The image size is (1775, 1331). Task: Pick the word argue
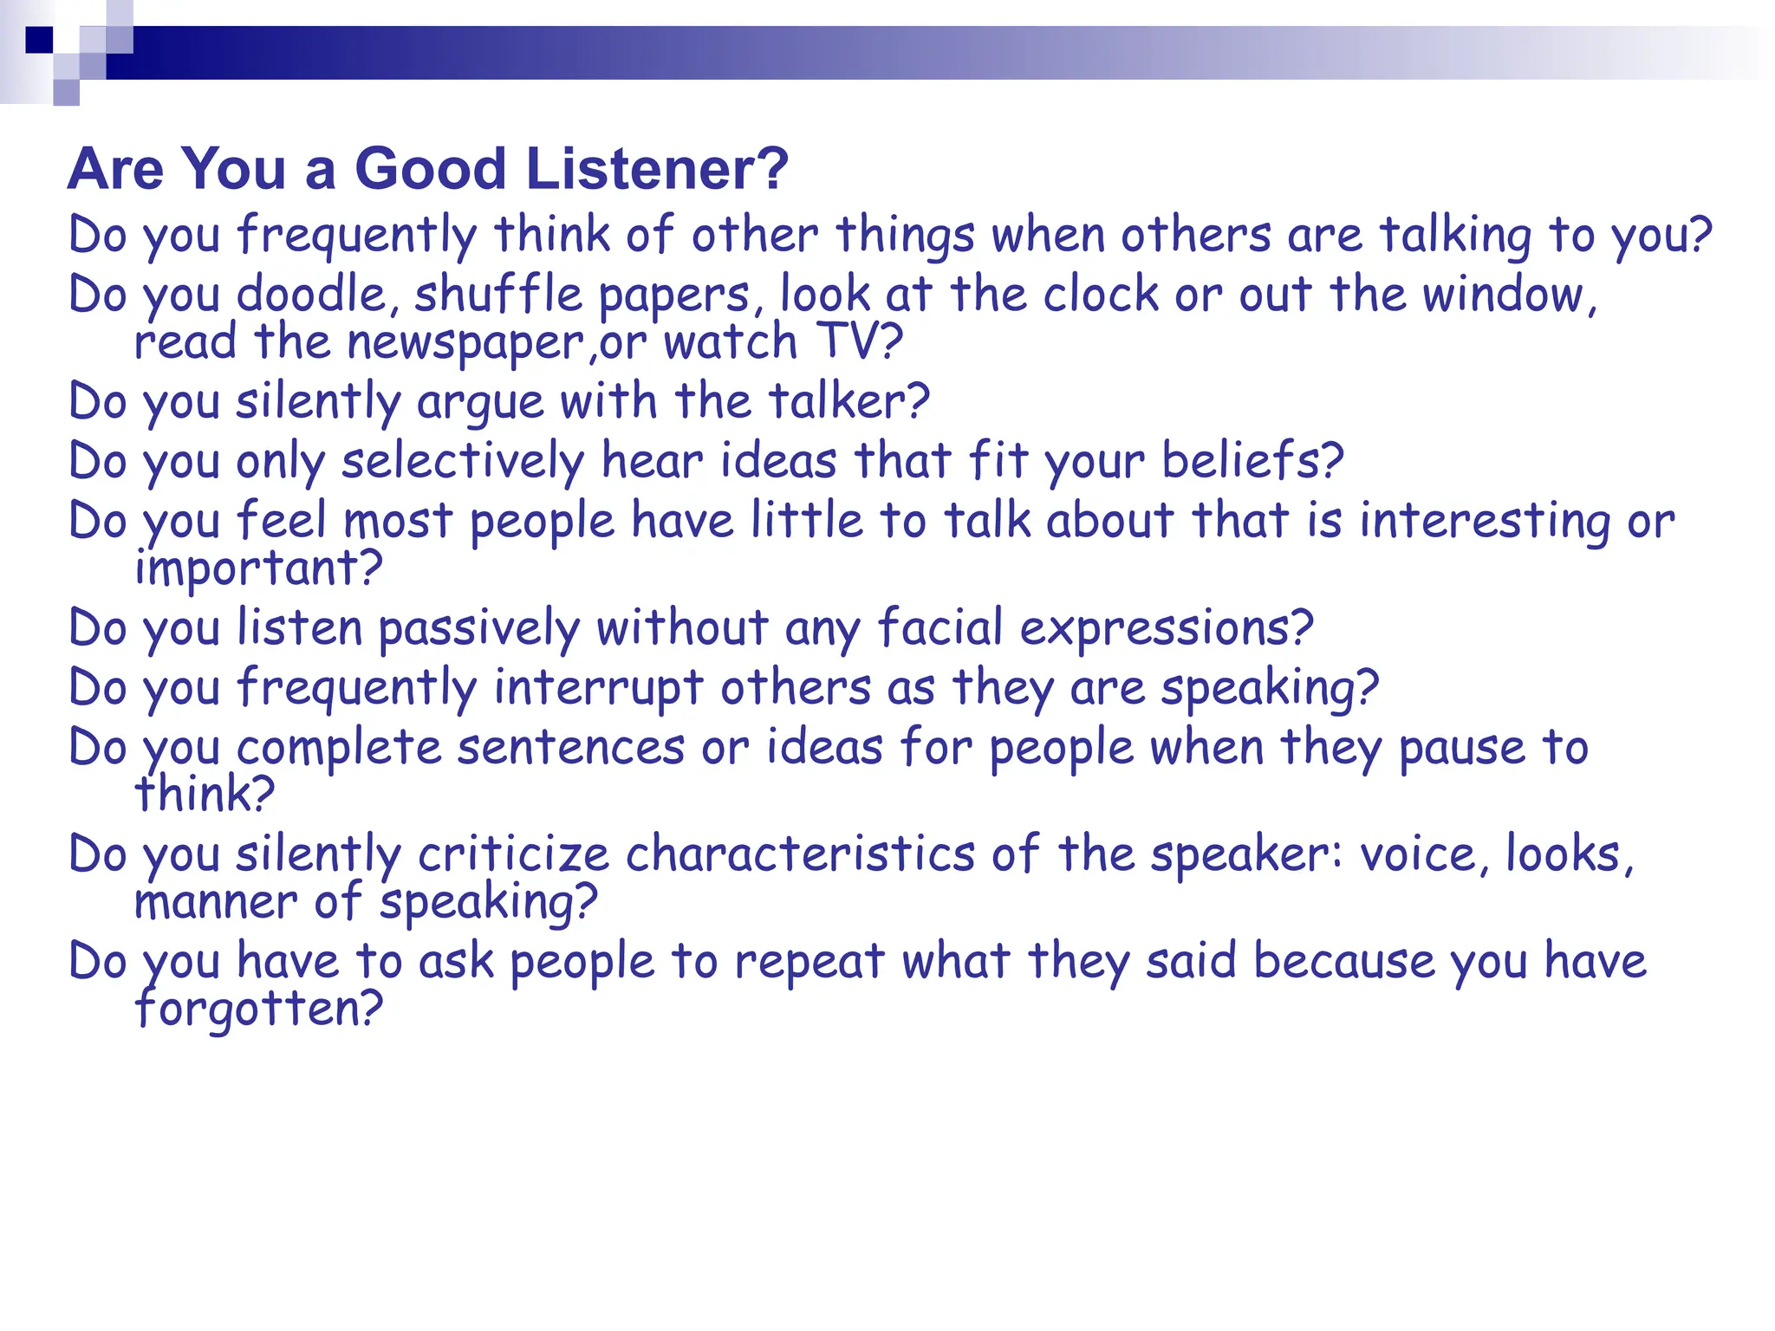coord(479,403)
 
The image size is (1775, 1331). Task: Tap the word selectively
coord(463,461)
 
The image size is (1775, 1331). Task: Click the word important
coord(258,568)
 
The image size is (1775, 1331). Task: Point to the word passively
coord(478,628)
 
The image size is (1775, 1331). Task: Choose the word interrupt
coord(598,688)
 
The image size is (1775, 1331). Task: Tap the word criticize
coord(513,854)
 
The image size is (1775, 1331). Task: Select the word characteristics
coord(800,854)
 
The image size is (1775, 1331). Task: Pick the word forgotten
coord(258,1009)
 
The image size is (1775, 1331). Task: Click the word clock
coord(1101,294)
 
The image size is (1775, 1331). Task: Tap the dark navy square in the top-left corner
coord(39,40)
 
